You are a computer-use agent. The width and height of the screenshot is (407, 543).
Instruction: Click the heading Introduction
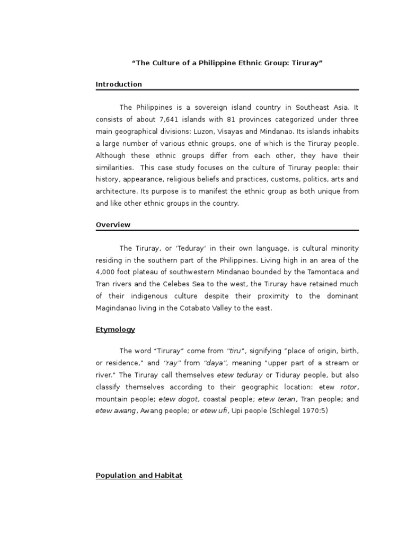[119, 84]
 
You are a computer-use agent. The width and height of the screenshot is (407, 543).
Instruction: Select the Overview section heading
[113, 225]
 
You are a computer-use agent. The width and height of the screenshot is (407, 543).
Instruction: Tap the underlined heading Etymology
[115, 330]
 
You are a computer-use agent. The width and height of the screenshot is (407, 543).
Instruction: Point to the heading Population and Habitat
[139, 476]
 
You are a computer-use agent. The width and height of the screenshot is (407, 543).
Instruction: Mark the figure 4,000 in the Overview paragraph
[108, 272]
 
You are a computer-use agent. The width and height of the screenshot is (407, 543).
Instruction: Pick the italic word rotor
[348, 387]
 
